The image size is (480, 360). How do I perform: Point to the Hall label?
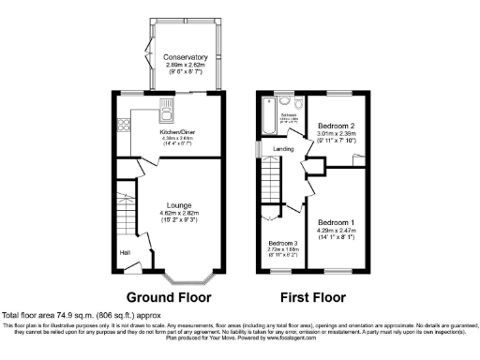point(124,252)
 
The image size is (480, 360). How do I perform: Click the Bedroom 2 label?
point(335,125)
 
